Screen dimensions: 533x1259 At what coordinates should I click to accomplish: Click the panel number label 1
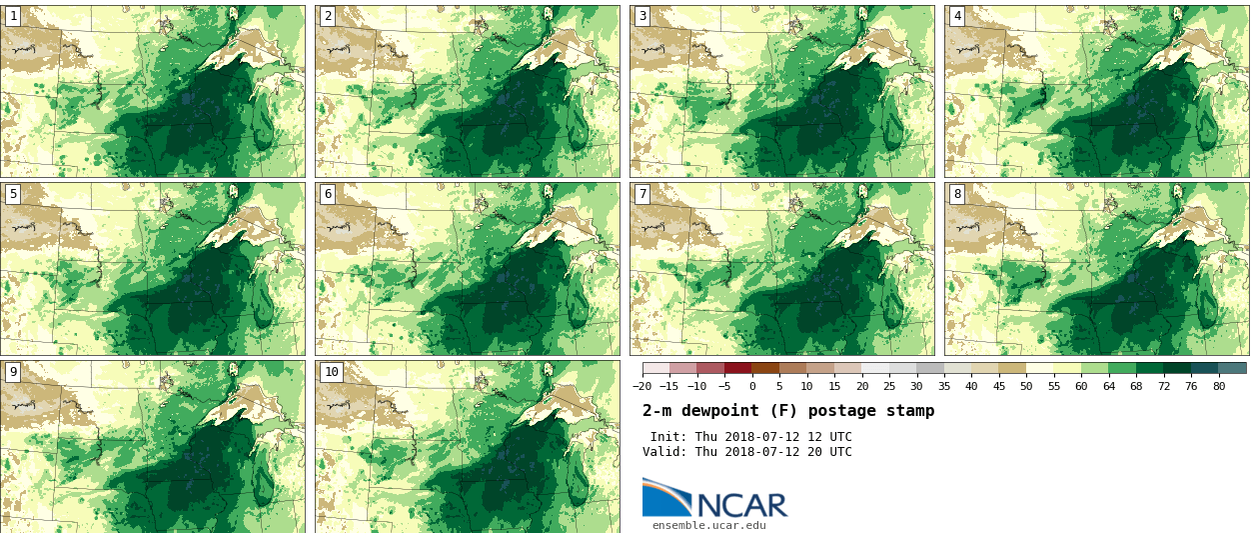13,16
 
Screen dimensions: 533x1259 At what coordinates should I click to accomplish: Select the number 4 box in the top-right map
957,16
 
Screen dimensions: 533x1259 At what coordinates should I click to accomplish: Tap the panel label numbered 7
642,194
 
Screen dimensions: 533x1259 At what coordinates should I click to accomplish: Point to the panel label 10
331,372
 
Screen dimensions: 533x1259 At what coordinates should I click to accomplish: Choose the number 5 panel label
13,194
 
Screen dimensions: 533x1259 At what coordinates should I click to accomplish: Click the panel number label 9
13,372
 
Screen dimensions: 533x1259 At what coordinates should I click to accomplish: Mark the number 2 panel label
328,16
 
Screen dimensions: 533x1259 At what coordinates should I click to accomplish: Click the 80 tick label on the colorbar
1219,387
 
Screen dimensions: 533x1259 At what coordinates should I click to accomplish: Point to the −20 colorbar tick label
642,387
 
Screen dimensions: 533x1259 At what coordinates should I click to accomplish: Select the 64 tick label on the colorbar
1109,387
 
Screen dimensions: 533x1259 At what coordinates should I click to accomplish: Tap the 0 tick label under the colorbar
752,387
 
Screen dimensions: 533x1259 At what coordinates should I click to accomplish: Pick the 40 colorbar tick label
971,387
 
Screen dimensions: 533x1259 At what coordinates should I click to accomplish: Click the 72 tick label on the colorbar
1164,387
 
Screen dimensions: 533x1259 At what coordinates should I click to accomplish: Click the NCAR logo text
741,505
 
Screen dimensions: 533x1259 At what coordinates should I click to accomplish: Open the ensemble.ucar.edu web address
708,525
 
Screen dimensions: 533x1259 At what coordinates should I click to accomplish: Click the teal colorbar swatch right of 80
1233,368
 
